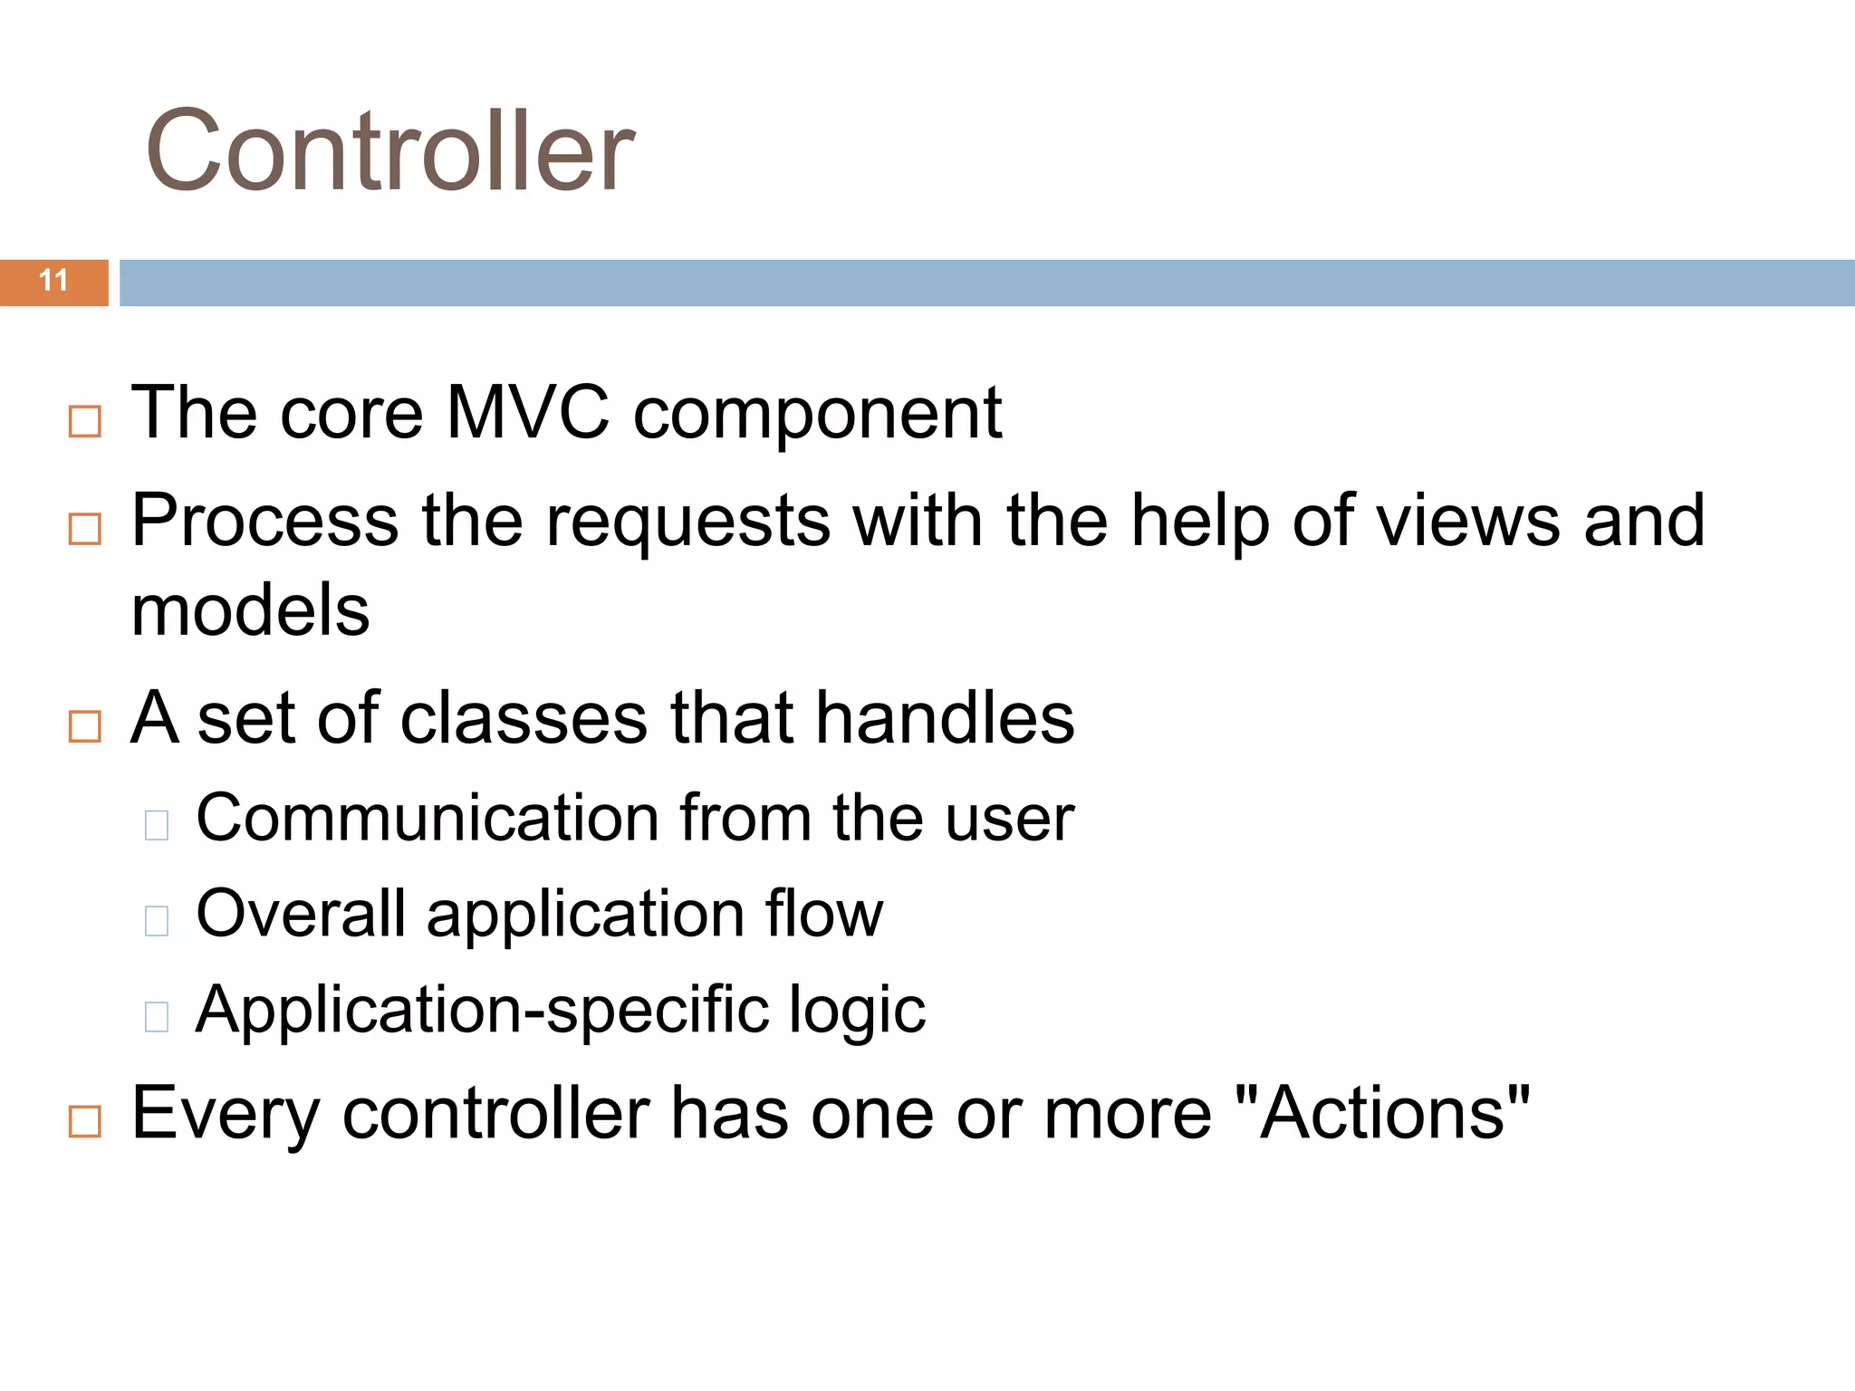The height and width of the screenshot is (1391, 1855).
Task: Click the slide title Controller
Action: tap(389, 150)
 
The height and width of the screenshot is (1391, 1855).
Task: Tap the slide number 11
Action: tap(54, 281)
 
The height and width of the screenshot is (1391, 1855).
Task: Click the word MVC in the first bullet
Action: tap(528, 413)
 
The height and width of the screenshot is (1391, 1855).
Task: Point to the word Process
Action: tap(264, 521)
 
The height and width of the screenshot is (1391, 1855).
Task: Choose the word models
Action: tap(251, 610)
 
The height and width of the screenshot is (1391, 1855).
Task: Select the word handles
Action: tap(945, 718)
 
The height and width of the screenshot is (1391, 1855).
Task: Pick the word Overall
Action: tap(301, 913)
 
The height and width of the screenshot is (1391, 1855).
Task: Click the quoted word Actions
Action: tap(1382, 1113)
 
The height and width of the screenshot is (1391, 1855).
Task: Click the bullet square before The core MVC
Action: tap(85, 422)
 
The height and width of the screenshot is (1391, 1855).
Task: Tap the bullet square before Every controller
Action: tap(85, 1122)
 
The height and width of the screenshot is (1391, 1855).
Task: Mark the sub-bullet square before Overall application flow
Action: tap(157, 921)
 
